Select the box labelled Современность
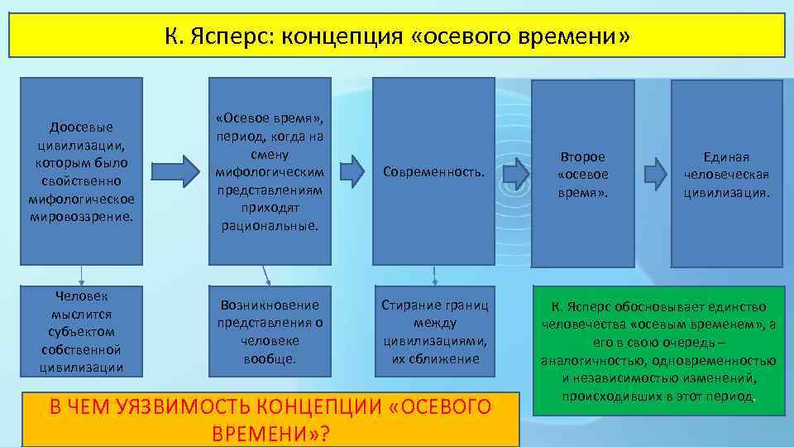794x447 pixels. click(x=433, y=171)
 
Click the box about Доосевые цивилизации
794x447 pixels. click(x=81, y=171)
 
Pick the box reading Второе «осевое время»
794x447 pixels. click(x=582, y=173)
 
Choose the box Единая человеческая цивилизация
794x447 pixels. click(x=726, y=173)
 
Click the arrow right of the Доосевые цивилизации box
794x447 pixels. click(x=179, y=171)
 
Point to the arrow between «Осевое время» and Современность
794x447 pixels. click(x=353, y=171)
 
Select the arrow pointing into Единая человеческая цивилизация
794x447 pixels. click(x=655, y=171)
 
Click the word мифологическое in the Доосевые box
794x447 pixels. click(x=81, y=199)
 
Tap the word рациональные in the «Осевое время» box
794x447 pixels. click(x=270, y=225)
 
